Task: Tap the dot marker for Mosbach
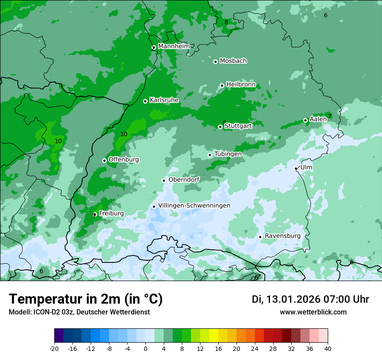click(215, 62)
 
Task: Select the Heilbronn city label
click(241, 85)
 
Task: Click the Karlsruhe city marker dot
click(145, 101)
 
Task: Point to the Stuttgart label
click(238, 126)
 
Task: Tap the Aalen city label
click(318, 119)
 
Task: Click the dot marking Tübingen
click(210, 155)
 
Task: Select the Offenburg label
click(124, 160)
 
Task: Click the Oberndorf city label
click(184, 180)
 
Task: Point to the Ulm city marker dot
click(296, 168)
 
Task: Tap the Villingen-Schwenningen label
click(194, 206)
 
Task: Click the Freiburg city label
click(111, 213)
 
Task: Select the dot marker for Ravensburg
click(260, 237)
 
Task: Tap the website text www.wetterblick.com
click(313, 312)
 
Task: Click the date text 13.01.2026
click(293, 299)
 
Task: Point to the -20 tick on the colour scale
click(54, 349)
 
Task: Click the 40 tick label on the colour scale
click(328, 349)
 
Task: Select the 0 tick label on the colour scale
click(145, 349)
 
